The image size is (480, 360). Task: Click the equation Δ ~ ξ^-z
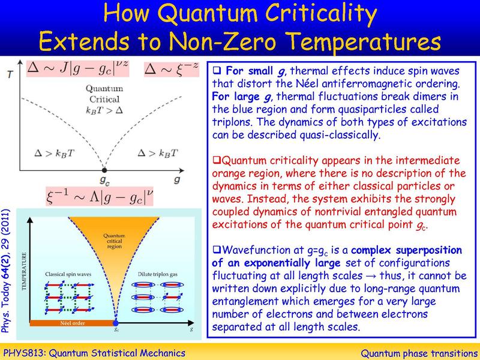coord(170,71)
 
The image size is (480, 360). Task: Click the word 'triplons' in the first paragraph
coord(232,122)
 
